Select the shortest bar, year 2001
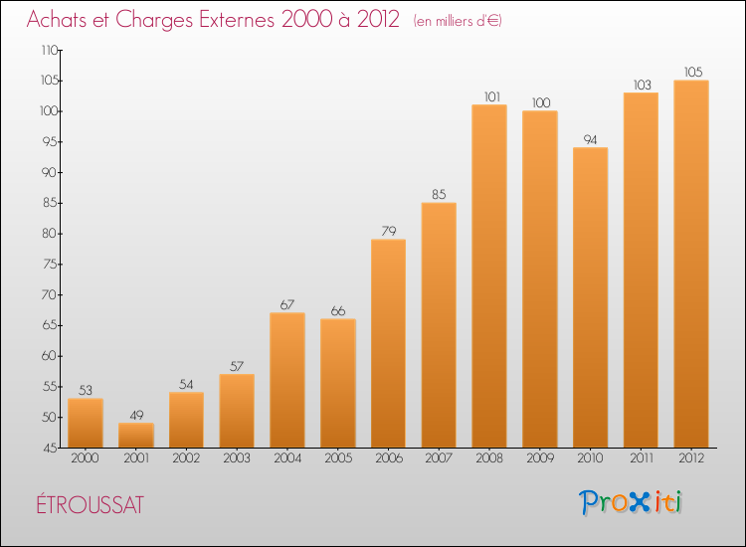[136, 435]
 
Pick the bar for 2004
[287, 380]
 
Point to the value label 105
[691, 72]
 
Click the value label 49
[136, 415]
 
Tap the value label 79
[388, 231]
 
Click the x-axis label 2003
[237, 458]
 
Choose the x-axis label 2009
[540, 458]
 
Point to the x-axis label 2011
[641, 458]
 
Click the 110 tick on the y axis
[48, 50]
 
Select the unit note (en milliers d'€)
[459, 22]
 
